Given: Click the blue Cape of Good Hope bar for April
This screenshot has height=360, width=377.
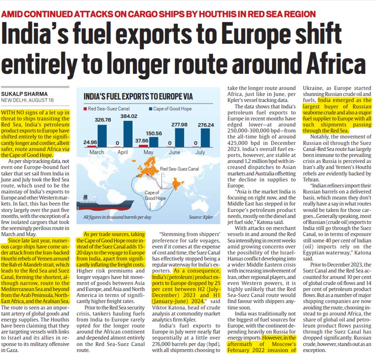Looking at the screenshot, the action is pyautogui.click(x=128, y=134).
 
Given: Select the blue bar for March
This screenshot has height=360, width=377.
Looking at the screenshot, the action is pyautogui.click(x=102, y=136).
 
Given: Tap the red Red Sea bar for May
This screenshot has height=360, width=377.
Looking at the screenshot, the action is pyautogui.click(x=144, y=146).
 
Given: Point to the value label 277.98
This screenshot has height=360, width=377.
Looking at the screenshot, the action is pyautogui.click(x=179, y=125).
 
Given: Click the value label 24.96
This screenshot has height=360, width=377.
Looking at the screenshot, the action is pyautogui.click(x=90, y=142).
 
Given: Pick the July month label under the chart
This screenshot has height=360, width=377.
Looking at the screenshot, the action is pyautogui.click(x=200, y=153).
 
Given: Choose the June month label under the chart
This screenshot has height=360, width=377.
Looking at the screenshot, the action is pyautogui.click(x=174, y=153).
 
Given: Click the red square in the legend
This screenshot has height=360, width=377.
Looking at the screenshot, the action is pyautogui.click(x=85, y=109).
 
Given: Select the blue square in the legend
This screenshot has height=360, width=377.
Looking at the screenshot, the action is pyautogui.click(x=150, y=109).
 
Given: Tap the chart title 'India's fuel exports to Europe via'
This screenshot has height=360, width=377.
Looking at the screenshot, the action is pyautogui.click(x=138, y=96).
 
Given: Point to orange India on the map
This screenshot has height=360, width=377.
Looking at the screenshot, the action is pyautogui.click(x=176, y=185).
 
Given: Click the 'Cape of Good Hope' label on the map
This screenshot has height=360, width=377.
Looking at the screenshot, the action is pyautogui.click(x=155, y=195).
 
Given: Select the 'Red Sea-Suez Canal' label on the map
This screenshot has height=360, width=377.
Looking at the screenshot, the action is pyautogui.click(x=179, y=169).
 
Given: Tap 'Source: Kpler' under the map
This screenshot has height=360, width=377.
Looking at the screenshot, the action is pyautogui.click(x=201, y=217).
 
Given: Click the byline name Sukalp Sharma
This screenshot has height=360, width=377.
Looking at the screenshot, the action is pyautogui.click(x=24, y=94).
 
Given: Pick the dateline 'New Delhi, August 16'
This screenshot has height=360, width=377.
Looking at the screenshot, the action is pyautogui.click(x=27, y=100).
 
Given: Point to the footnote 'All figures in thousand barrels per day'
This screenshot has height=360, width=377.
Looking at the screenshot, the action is pyautogui.click(x=118, y=217).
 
